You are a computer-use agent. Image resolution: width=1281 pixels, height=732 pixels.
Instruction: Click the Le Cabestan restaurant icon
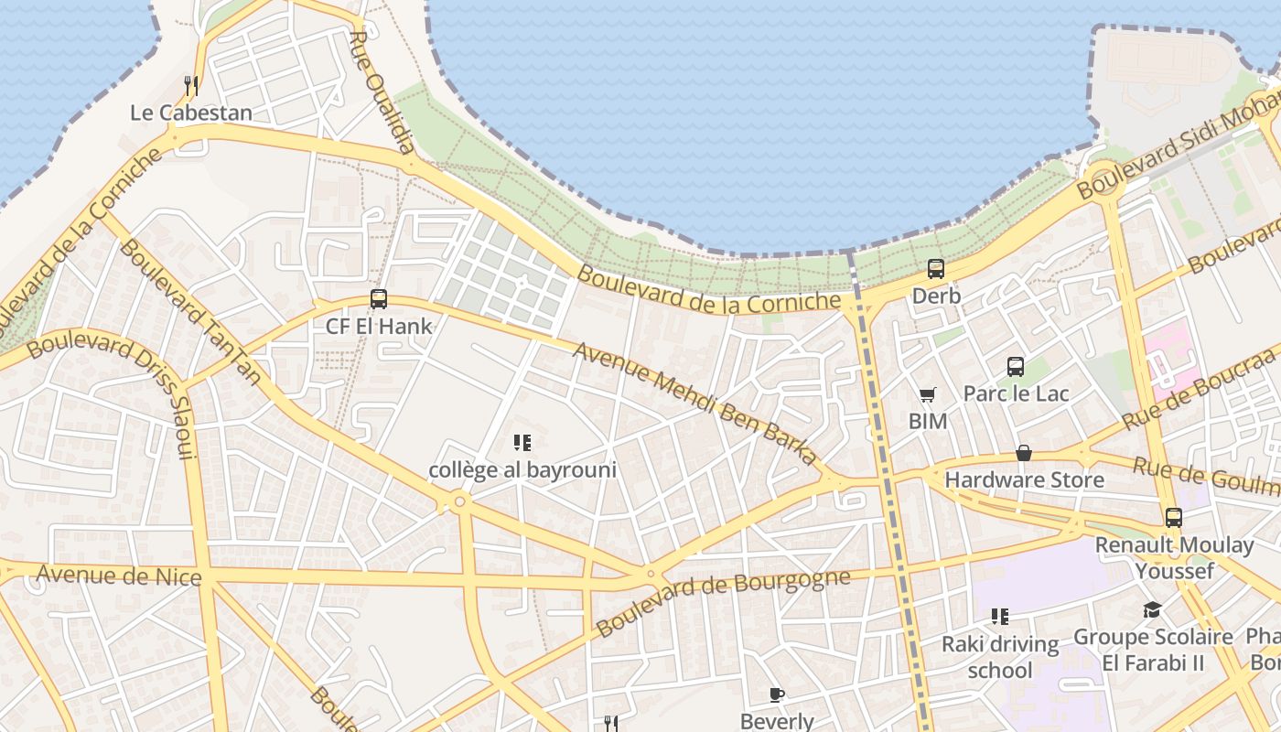pos(190,86)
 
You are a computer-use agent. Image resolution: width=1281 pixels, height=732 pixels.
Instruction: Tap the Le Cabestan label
pos(190,113)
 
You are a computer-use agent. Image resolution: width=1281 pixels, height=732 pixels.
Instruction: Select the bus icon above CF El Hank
pos(378,298)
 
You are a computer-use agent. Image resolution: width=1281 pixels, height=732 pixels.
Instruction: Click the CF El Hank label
pos(379,326)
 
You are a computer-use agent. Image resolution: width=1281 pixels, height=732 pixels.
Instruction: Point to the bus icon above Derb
pos(935,269)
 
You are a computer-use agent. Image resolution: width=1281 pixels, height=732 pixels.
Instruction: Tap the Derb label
pos(936,296)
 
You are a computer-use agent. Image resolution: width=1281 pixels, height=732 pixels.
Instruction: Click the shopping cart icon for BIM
pos(927,395)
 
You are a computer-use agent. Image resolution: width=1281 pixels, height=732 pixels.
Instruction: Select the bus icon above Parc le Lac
pos(1015,367)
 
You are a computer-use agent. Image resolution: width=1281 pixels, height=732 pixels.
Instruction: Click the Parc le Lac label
pos(1016,393)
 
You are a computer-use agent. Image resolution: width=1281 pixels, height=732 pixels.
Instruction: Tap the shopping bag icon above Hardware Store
pos(1023,453)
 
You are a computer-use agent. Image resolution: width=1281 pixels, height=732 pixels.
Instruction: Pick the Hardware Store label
pos(1024,479)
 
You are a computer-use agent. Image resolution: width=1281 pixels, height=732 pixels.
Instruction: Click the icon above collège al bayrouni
pos(522,444)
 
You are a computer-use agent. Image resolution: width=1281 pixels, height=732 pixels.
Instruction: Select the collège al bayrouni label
pos(522,470)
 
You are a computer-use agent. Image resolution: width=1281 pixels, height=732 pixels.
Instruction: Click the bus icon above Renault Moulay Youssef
pos(1174,518)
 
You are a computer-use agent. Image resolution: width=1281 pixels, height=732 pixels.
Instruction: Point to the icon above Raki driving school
pos(999,617)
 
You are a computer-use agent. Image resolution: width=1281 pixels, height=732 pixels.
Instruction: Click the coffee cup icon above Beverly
pos(776,694)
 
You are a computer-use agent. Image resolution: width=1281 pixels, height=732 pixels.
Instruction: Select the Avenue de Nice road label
pos(118,576)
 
